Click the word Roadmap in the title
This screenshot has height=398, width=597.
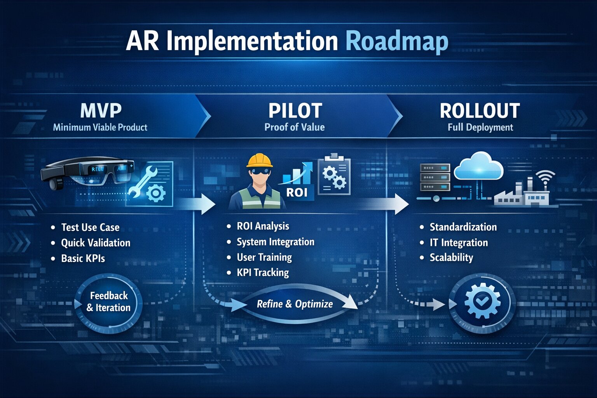(x=397, y=42)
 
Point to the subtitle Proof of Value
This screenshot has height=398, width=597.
(x=295, y=127)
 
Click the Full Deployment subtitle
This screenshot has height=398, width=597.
(x=480, y=127)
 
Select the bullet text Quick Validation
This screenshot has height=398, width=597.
(x=96, y=243)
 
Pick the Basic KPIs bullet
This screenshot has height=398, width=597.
(x=83, y=258)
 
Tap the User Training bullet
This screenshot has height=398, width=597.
(x=264, y=257)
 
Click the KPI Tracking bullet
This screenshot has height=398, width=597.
(x=263, y=272)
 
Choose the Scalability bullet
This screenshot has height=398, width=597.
(x=452, y=258)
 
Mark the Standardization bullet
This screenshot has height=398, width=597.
(x=463, y=227)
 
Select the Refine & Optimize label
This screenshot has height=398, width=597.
(x=295, y=304)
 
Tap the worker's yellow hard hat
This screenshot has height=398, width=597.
(x=259, y=161)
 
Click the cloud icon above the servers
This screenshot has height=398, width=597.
(x=479, y=166)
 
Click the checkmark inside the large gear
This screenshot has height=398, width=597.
(x=482, y=302)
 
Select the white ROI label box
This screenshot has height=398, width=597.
(x=297, y=192)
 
